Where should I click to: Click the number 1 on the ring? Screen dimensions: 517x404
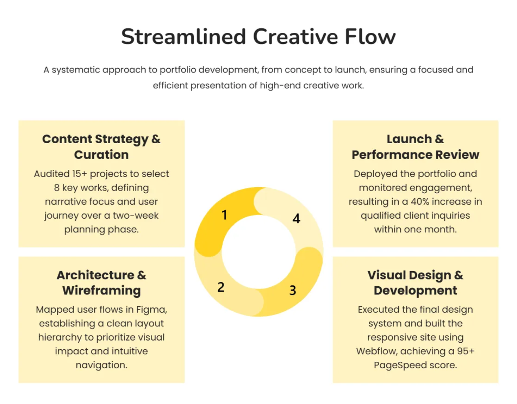[x=224, y=215]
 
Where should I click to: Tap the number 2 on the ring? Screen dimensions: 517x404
[x=221, y=287]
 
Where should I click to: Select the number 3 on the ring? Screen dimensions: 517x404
[x=293, y=290]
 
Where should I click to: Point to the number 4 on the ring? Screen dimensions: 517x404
[x=296, y=218]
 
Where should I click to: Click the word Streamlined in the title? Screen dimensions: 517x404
[x=183, y=37]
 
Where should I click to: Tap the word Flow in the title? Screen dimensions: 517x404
[x=370, y=37]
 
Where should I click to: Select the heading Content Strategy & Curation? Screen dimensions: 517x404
[x=101, y=147]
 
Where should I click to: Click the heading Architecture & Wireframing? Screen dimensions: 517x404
[x=101, y=282]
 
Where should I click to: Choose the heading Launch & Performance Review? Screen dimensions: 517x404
[x=415, y=147]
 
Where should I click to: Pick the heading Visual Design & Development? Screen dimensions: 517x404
[x=415, y=282]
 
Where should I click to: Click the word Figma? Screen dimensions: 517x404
[x=152, y=310]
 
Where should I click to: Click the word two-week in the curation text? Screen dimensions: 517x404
[x=135, y=216]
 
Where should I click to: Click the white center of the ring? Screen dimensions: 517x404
[x=258, y=252]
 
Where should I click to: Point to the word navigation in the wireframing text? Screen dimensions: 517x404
[x=101, y=365]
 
